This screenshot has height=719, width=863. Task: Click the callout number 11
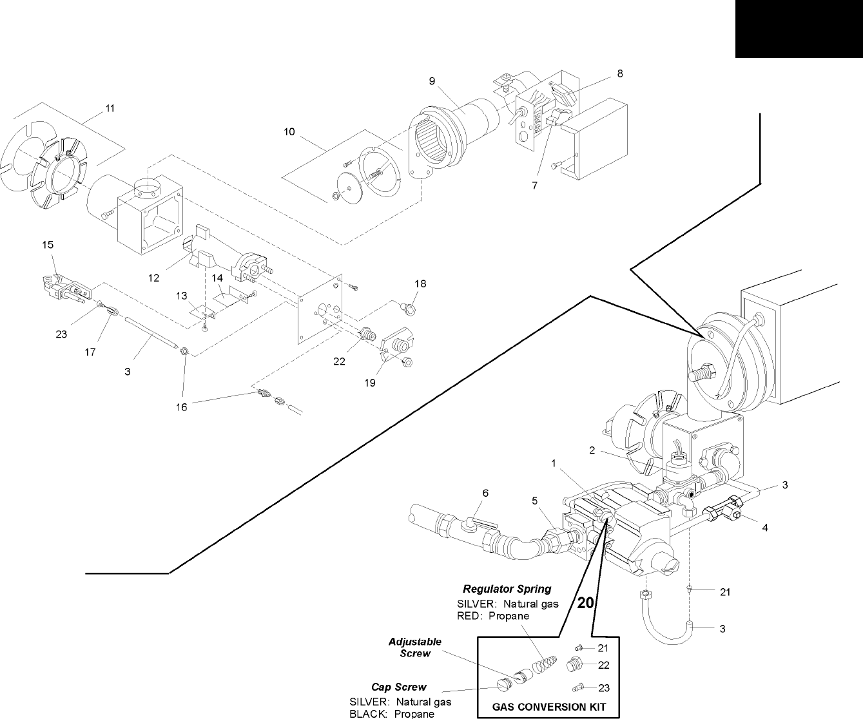(110, 108)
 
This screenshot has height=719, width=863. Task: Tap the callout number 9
(432, 81)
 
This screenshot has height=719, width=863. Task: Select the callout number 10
(289, 132)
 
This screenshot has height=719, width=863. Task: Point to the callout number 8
(620, 73)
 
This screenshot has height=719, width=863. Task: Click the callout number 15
(48, 245)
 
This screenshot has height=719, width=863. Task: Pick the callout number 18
(420, 284)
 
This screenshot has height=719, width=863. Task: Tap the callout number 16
(182, 407)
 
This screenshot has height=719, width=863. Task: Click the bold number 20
(585, 603)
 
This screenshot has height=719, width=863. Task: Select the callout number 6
(486, 493)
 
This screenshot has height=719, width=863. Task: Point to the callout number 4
(765, 528)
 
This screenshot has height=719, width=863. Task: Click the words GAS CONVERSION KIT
(549, 707)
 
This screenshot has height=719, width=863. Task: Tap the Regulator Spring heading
(507, 589)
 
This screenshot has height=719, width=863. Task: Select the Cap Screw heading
(399, 687)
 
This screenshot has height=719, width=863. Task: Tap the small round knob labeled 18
(408, 308)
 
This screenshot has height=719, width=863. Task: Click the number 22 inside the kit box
(604, 666)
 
